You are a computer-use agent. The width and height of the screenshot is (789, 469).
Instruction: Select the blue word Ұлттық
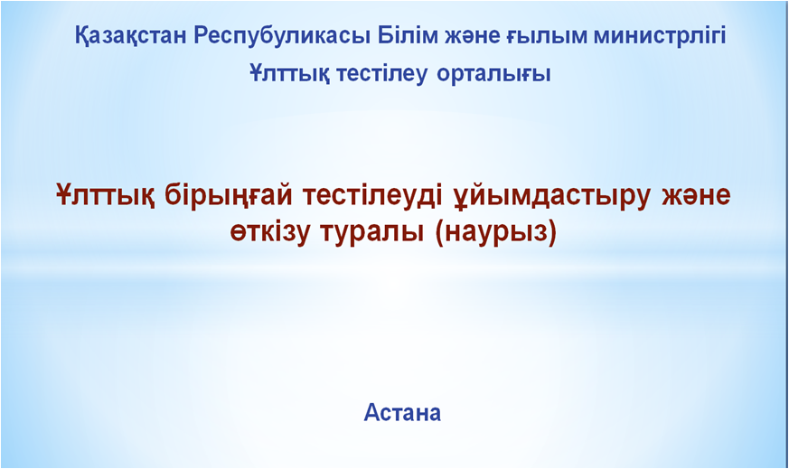point(290,74)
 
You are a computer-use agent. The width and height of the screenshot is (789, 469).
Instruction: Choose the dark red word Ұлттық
point(106,195)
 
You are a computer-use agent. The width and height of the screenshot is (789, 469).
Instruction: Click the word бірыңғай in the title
point(229,196)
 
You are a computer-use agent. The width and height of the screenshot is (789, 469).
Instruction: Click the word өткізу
point(269,233)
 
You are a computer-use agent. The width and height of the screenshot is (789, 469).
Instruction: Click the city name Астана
point(402,412)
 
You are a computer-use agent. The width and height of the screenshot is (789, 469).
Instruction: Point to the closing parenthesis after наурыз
point(552,234)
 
